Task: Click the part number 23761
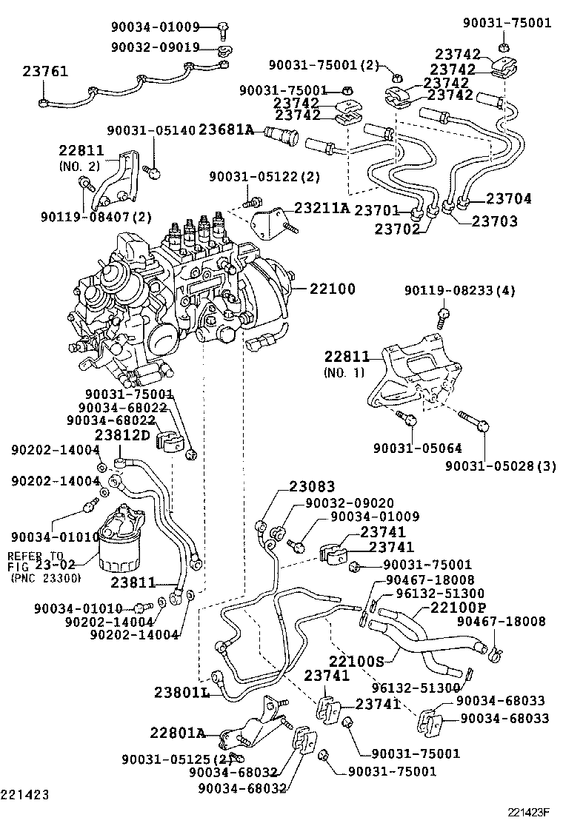pos(45,72)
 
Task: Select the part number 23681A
pos(227,131)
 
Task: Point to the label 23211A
pos(322,209)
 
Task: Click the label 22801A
pos(177,733)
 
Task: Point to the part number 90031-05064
pos(407,449)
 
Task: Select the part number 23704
pos(509,198)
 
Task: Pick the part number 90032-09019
pos(155,47)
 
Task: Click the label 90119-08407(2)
pos(96,217)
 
